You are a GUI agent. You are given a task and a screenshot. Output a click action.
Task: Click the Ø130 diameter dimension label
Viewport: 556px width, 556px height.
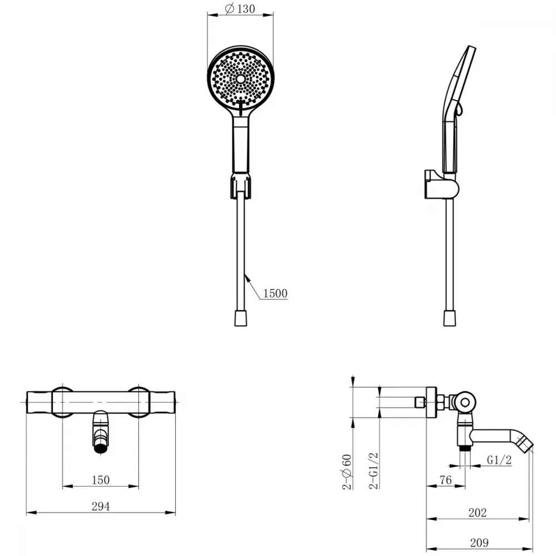point(240,8)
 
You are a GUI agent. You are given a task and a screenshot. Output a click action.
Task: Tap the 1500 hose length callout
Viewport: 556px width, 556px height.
point(275,293)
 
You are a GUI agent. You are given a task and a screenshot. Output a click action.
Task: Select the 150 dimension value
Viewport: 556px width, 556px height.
point(101,480)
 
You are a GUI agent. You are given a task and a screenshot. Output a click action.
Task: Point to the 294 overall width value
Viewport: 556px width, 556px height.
point(101,507)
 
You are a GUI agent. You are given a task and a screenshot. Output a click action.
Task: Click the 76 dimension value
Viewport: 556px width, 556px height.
point(446,480)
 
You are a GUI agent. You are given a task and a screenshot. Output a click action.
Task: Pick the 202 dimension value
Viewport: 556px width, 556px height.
point(477,513)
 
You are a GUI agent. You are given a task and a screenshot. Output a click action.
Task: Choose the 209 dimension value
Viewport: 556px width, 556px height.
point(479,543)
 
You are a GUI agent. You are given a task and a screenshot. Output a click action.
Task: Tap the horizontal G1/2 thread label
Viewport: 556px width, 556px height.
point(499,460)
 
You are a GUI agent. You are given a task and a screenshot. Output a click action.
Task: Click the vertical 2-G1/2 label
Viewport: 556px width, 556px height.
point(374,471)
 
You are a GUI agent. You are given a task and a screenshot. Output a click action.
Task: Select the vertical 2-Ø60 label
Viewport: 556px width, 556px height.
point(347,472)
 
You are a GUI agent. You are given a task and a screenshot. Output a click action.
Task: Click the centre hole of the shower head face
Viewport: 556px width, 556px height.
point(241,79)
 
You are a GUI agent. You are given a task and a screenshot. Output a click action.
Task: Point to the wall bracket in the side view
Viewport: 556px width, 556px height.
point(441,185)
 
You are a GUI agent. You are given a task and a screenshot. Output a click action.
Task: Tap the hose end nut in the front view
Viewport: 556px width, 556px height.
point(241,318)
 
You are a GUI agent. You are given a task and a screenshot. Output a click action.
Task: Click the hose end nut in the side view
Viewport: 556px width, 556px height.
point(450,318)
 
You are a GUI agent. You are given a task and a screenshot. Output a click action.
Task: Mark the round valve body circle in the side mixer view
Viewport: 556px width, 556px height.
point(465,402)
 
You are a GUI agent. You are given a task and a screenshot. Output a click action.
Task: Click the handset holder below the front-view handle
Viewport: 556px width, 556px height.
point(241,185)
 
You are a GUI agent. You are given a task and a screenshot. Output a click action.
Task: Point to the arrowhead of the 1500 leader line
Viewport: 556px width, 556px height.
point(247,276)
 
